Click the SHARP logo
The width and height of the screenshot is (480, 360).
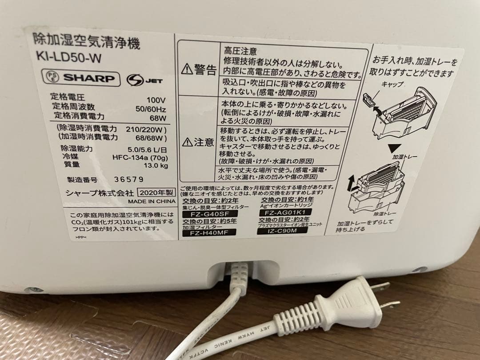point(88,78)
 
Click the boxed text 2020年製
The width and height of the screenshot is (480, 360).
point(154,193)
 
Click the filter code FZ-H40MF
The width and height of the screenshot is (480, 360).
point(208,231)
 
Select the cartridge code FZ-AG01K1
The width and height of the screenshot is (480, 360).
point(282,212)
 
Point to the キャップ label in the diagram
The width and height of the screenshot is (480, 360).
point(392,84)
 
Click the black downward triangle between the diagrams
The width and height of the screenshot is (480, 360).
point(391,148)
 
